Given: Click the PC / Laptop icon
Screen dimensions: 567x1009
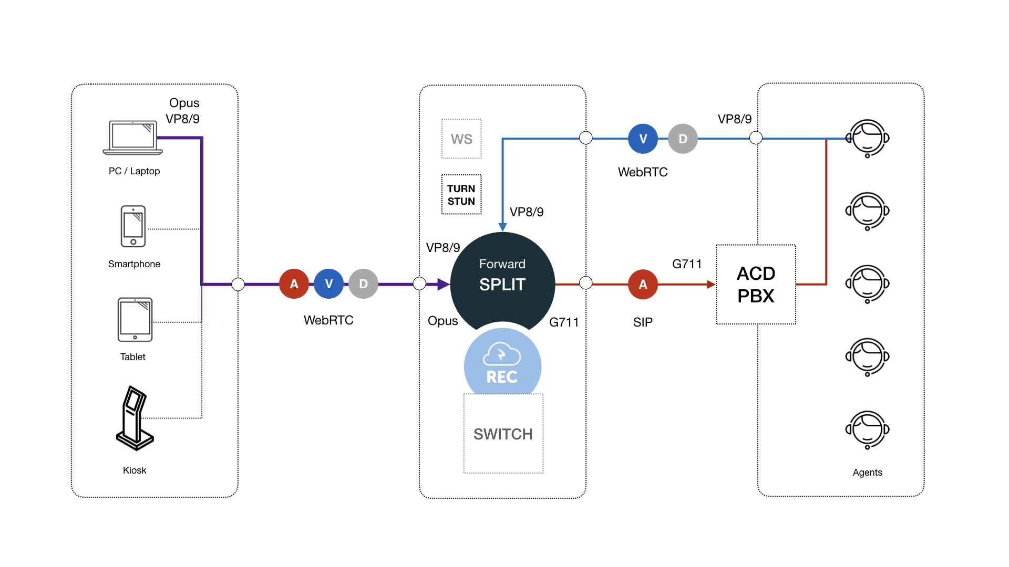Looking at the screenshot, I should pyautogui.click(x=133, y=138).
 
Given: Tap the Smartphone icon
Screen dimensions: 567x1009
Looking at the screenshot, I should pyautogui.click(x=133, y=226).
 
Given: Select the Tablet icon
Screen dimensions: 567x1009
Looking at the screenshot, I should pyautogui.click(x=135, y=320).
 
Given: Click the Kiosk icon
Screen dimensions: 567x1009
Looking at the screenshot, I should pyautogui.click(x=135, y=418).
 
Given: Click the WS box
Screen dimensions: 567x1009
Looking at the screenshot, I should pyautogui.click(x=461, y=139).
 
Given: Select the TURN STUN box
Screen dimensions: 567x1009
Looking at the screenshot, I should pyautogui.click(x=461, y=195).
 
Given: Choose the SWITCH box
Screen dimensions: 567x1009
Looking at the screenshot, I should pyautogui.click(x=503, y=434).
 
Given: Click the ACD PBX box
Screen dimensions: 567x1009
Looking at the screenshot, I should pyautogui.click(x=756, y=285).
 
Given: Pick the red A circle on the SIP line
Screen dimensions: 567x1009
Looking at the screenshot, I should pyautogui.click(x=643, y=285).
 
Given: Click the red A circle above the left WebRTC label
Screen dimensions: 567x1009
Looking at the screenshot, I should pyautogui.click(x=294, y=284).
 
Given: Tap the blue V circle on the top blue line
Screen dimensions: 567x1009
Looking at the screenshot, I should pyautogui.click(x=643, y=139).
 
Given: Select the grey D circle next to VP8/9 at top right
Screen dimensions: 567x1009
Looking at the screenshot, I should pyautogui.click(x=683, y=139).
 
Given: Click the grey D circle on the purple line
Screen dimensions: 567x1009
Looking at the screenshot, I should pyautogui.click(x=363, y=284).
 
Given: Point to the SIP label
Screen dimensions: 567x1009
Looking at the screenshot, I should pyautogui.click(x=643, y=322).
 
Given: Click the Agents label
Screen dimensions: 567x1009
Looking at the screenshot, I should pyautogui.click(x=867, y=472).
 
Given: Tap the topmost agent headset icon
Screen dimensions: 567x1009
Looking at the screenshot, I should pyautogui.click(x=868, y=138).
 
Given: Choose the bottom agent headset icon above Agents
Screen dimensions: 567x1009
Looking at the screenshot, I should pyautogui.click(x=868, y=429).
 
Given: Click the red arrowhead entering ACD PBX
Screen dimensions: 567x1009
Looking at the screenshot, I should pyautogui.click(x=711, y=285).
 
